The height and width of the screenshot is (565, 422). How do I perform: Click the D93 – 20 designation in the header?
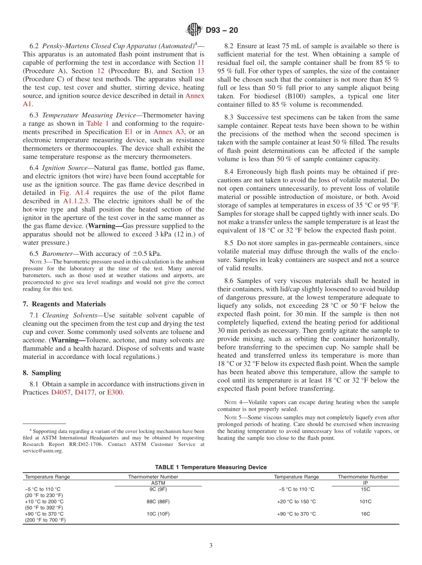222,30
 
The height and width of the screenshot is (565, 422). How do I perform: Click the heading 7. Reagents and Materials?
64,304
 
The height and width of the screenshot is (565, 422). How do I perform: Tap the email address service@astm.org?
43,450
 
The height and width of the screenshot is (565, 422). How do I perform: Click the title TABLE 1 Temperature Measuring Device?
211,467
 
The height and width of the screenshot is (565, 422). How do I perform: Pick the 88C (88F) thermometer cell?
158,501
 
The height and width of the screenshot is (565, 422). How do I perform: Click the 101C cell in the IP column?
366,501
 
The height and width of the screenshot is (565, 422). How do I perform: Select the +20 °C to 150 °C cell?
296,501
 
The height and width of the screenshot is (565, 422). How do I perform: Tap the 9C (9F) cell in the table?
158,489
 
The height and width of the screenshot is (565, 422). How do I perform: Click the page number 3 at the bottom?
211,545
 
